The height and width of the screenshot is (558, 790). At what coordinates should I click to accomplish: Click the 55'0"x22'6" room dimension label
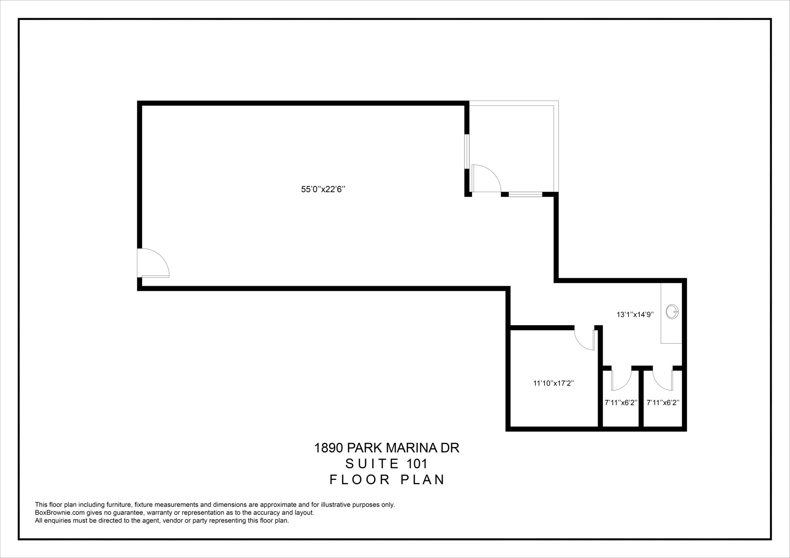click(323, 189)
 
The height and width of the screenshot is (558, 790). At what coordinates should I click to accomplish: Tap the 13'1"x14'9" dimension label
click(635, 315)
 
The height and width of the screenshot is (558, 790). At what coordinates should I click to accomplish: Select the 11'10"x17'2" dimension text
click(553, 383)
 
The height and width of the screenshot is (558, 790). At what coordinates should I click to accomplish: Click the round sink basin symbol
click(672, 312)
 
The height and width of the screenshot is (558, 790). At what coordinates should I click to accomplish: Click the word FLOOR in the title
click(361, 479)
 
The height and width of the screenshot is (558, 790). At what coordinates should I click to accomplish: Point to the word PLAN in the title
click(423, 479)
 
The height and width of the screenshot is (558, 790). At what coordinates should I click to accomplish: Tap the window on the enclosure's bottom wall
click(525, 194)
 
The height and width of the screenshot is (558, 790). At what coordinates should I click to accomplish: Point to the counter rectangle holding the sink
click(671, 313)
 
